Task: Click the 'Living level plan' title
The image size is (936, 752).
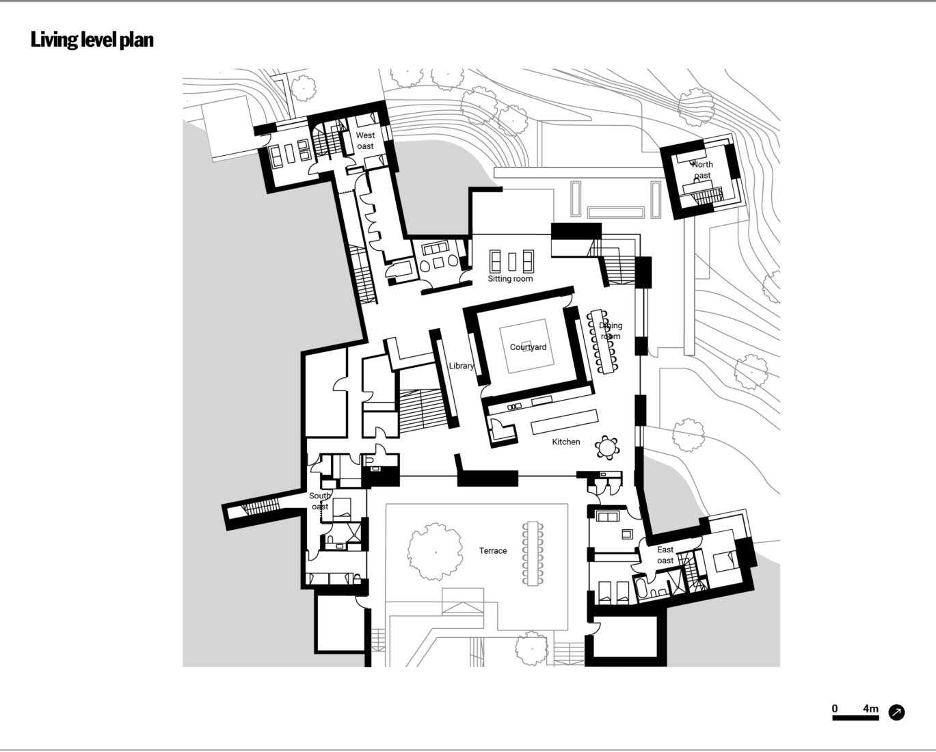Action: [x=92, y=40]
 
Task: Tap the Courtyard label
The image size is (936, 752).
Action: [x=528, y=347]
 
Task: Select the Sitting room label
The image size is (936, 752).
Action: [x=510, y=279]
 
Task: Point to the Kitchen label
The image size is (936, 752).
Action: [x=566, y=442]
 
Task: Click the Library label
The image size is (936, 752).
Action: [x=462, y=366]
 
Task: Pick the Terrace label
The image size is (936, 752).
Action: [x=493, y=550]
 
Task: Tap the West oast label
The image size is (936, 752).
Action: [x=365, y=141]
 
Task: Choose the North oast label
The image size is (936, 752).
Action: [x=702, y=170]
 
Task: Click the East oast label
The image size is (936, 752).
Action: [x=665, y=555]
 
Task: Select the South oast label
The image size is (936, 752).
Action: [x=320, y=501]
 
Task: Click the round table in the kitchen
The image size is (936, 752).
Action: [x=607, y=447]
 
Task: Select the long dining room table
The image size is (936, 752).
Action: [x=602, y=341]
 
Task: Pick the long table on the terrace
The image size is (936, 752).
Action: [x=533, y=553]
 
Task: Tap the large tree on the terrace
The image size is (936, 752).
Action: [x=435, y=552]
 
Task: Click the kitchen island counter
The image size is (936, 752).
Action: [x=565, y=421]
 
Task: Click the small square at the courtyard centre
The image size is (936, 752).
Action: [x=526, y=343]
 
